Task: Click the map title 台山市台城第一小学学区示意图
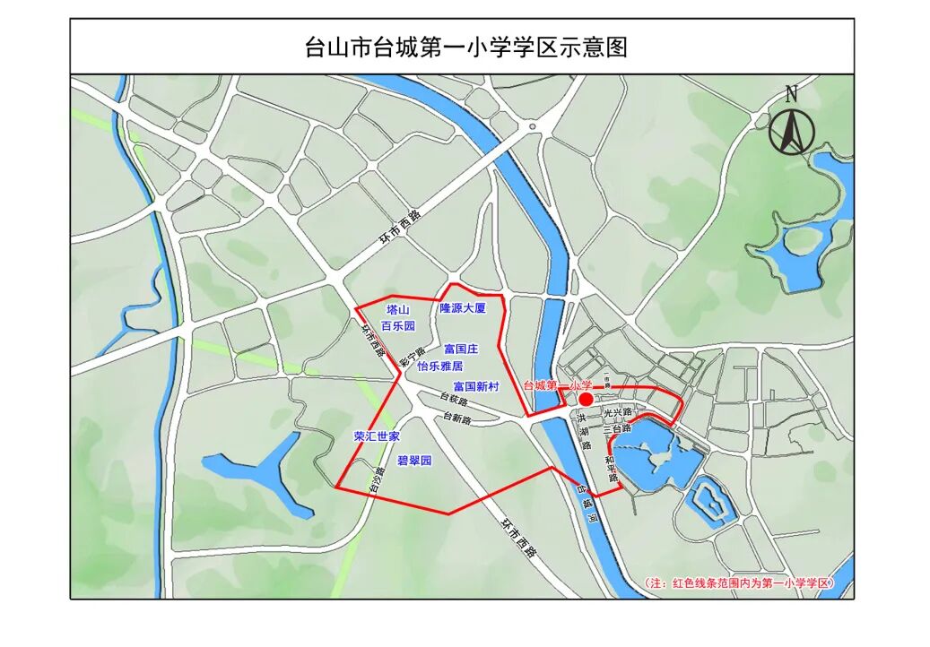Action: click(x=465, y=47)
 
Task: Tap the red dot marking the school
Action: click(x=585, y=399)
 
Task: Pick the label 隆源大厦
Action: click(x=462, y=308)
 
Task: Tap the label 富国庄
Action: click(x=461, y=349)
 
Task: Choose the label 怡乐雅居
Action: click(x=439, y=366)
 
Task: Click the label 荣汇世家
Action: click(x=377, y=436)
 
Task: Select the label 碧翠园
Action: click(x=414, y=461)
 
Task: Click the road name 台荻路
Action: click(x=455, y=400)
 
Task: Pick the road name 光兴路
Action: click(x=619, y=413)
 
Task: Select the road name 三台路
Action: click(x=619, y=429)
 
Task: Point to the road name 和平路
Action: click(x=612, y=469)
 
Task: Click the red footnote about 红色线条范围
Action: click(x=740, y=583)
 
